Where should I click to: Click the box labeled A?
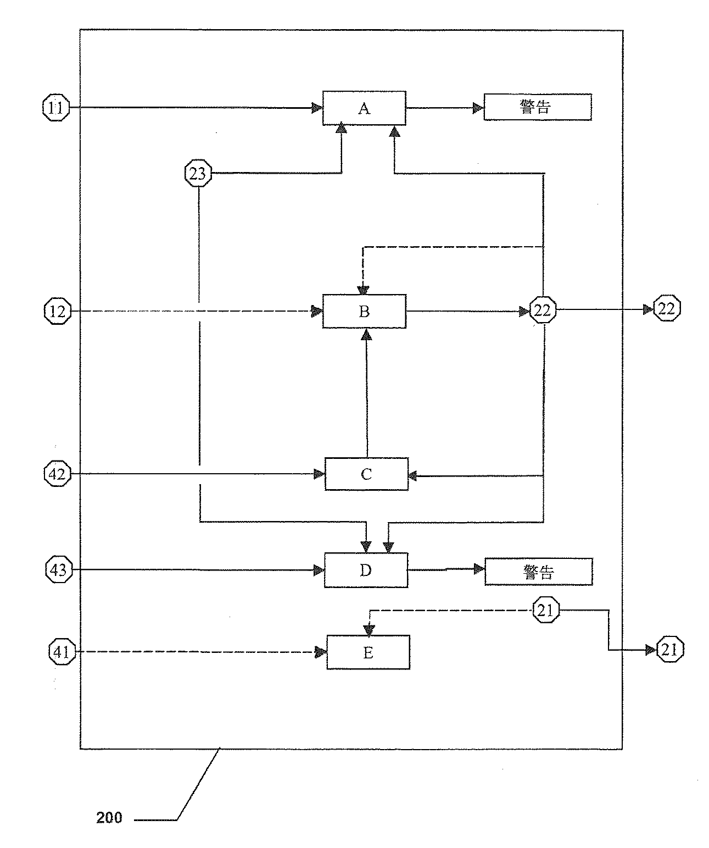coord(364,108)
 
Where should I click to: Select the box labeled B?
coord(364,312)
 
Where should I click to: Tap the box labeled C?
coord(366,474)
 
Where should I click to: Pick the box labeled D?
coord(366,570)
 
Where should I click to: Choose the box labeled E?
coord(368,652)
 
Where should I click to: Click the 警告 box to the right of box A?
coord(537,107)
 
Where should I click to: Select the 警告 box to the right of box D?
coord(538,572)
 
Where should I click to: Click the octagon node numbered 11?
coord(55,108)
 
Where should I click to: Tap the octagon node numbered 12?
coord(57,312)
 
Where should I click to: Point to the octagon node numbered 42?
coord(57,474)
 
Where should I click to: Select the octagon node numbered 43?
coord(58,570)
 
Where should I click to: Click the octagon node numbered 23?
coord(197,174)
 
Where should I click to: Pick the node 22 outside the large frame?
coord(667,309)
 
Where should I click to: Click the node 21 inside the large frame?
coord(546,610)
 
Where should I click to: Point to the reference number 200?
coord(109,818)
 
